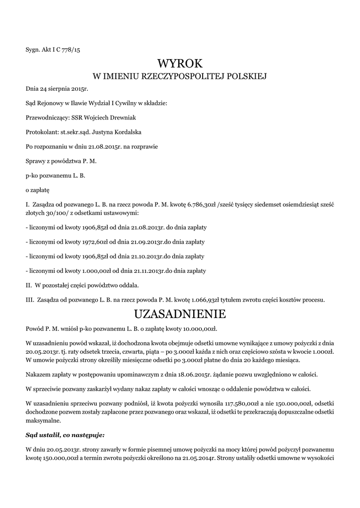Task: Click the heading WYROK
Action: click(180, 63)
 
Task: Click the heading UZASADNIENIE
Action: click(180, 314)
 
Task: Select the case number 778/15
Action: click(69, 50)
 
